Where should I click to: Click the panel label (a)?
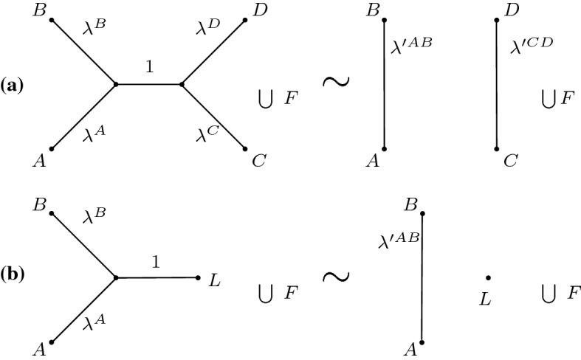click(x=13, y=86)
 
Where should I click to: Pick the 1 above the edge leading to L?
click(x=156, y=262)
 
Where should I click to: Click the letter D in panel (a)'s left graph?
click(x=260, y=11)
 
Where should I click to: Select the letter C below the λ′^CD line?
click(x=510, y=160)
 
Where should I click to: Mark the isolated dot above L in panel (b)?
click(x=488, y=278)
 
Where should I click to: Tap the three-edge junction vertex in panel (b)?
click(x=115, y=278)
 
